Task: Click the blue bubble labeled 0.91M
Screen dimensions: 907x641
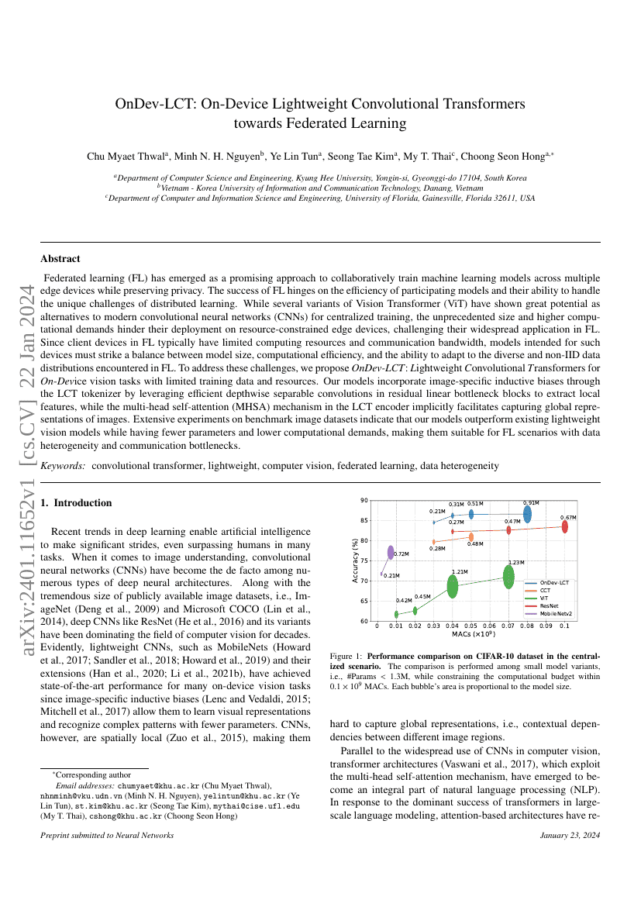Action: (527, 514)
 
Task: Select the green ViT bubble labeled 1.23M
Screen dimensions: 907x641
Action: (508, 577)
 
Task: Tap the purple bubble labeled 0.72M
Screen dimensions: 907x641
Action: (391, 553)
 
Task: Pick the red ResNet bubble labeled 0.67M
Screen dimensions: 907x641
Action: (565, 526)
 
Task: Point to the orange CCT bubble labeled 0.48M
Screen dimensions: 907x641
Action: (471, 536)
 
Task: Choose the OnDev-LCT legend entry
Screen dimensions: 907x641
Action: (554, 581)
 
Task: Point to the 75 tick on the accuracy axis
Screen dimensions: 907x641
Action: (364, 560)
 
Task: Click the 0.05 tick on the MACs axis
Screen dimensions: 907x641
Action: (470, 625)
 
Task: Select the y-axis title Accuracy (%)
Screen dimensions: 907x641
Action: (356, 560)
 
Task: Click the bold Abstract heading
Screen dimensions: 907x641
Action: (60, 259)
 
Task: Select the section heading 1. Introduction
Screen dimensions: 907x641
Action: (77, 503)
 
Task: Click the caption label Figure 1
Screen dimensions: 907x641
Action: (346, 657)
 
